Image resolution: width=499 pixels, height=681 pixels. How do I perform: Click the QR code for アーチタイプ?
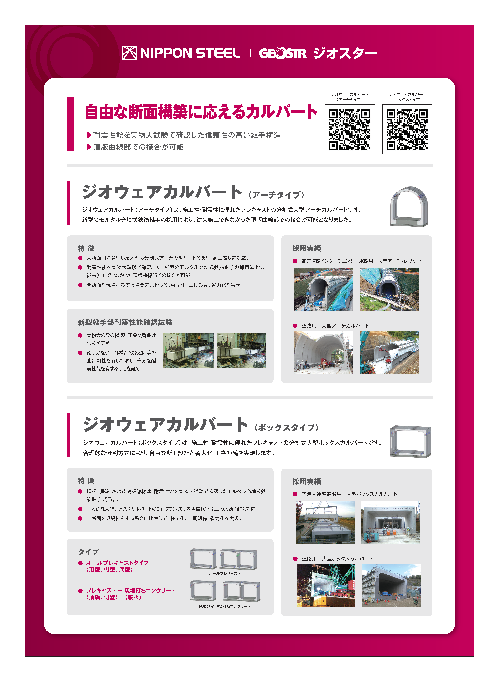point(349,130)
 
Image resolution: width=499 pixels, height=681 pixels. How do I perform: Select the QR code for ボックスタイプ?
point(407,130)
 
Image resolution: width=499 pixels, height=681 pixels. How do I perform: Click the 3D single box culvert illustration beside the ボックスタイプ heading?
point(410,441)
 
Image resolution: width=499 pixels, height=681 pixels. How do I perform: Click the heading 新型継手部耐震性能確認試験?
point(125,323)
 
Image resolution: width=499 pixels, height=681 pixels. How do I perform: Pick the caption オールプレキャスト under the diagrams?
point(224,573)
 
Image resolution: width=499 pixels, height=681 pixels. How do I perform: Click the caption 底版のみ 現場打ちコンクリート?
point(224,606)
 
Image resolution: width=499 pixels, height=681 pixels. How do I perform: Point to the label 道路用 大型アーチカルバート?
point(335,326)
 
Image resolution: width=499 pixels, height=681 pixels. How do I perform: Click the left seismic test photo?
point(188,350)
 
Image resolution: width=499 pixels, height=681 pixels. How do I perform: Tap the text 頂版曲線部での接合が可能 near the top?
point(138,147)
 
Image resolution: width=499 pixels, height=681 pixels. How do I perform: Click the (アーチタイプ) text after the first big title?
point(276,195)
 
